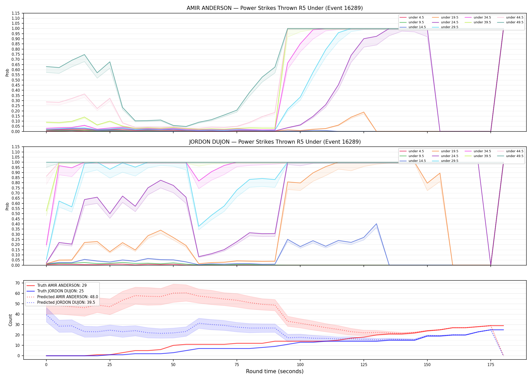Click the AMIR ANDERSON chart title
[275, 8]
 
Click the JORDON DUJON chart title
[275, 142]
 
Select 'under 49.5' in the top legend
[515, 22]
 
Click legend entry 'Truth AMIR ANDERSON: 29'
[62, 286]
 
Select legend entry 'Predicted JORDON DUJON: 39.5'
[66, 302]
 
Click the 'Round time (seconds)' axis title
[275, 371]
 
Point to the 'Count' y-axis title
[10, 320]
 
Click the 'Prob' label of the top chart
[7, 72]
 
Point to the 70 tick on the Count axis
[17, 283]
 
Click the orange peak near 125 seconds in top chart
[364, 112]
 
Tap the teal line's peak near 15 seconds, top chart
[84, 54]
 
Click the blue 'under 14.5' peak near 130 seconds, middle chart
[376, 224]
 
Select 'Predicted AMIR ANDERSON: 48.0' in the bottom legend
[67, 297]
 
